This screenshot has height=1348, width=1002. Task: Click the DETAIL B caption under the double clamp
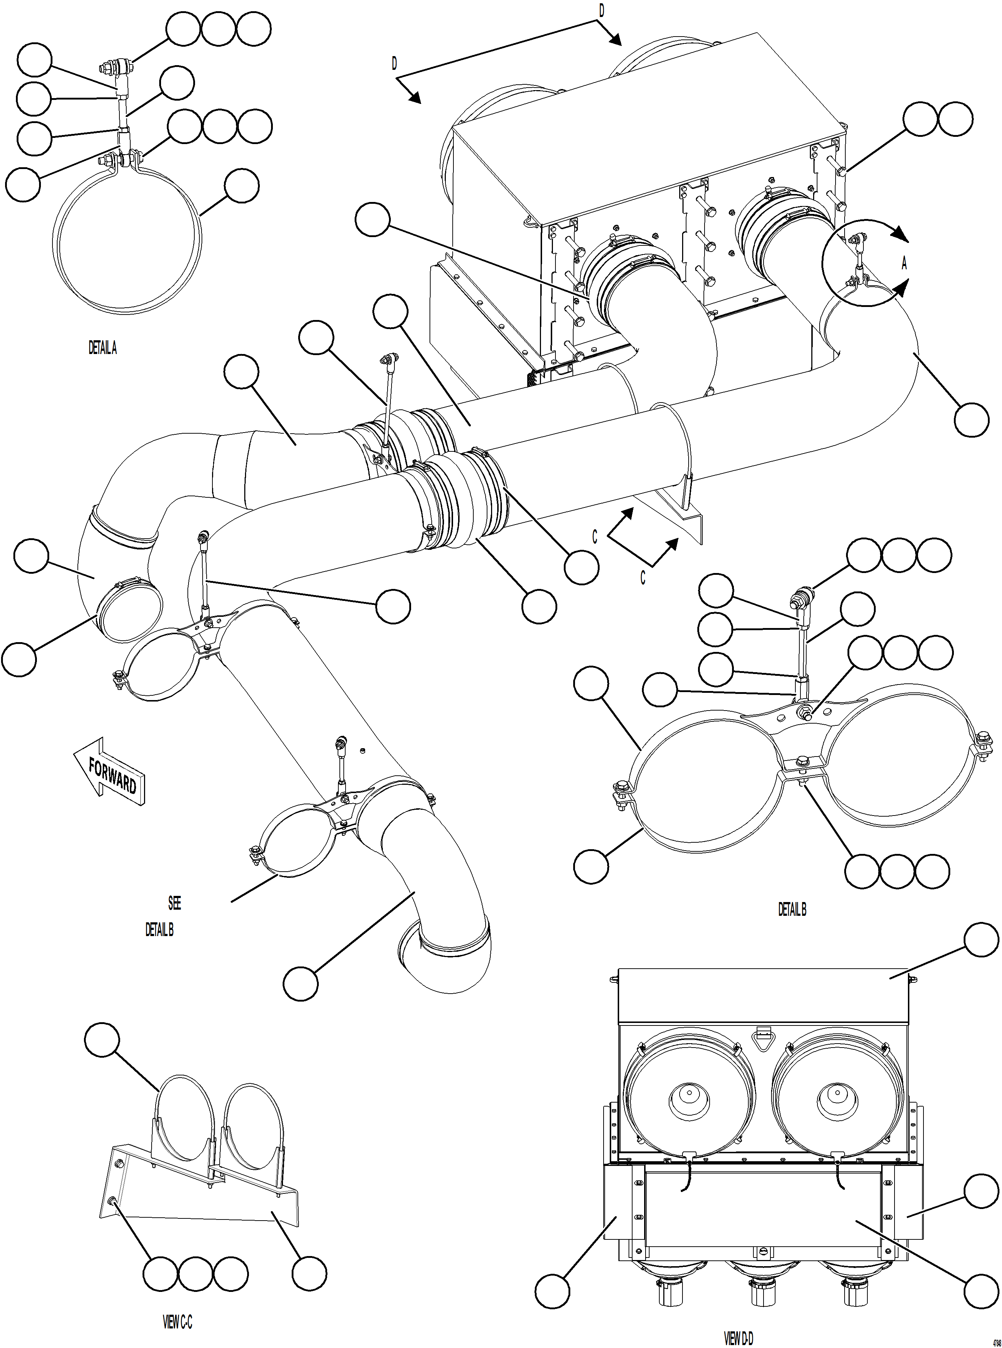click(791, 909)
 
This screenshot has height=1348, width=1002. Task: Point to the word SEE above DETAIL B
click(174, 903)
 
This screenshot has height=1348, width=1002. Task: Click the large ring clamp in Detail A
click(61, 243)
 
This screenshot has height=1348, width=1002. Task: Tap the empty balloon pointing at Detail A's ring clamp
click(241, 186)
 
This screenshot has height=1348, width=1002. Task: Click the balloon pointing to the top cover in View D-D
click(981, 940)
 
